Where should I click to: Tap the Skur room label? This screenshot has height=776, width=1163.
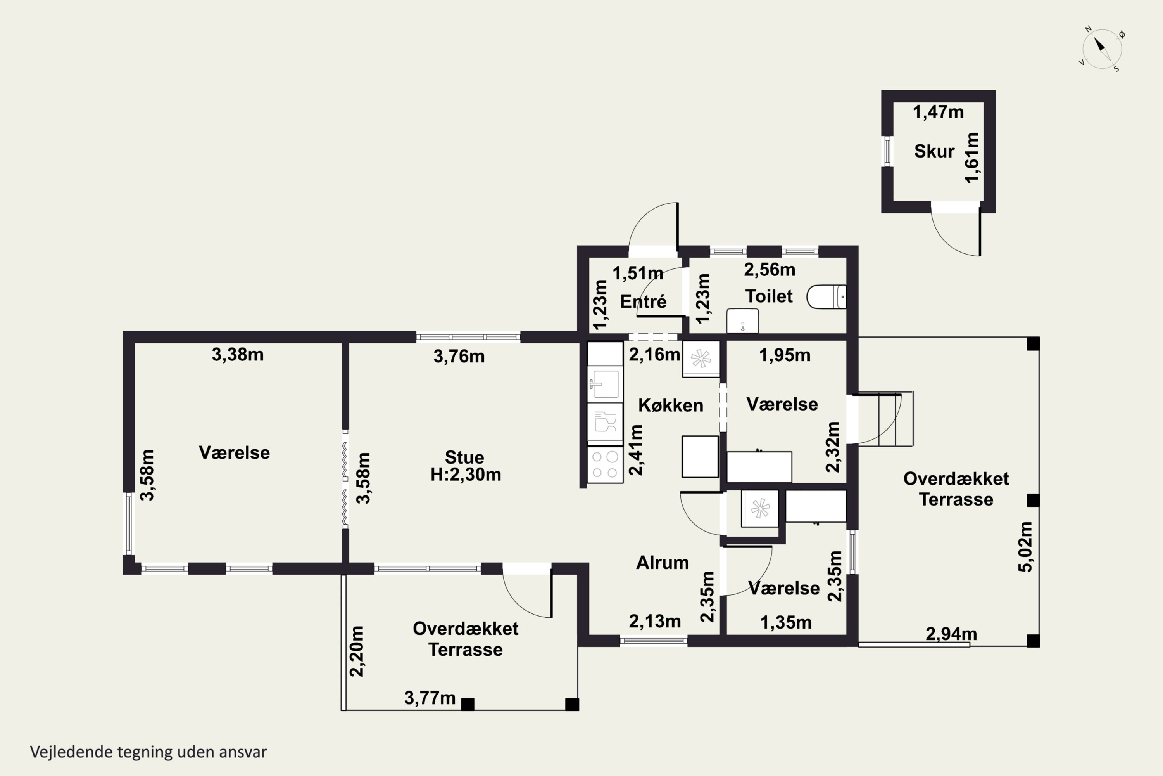(x=934, y=151)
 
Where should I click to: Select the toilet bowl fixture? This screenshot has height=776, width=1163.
(x=826, y=296)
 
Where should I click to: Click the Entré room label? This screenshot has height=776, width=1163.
(x=643, y=301)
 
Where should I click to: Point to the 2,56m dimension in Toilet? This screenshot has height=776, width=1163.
(x=770, y=270)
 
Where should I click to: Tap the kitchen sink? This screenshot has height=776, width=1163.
(x=605, y=384)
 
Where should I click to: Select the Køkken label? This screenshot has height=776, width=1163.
(x=671, y=405)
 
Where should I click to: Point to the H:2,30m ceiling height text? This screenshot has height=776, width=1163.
(x=465, y=475)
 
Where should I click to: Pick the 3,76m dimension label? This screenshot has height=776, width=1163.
(x=459, y=356)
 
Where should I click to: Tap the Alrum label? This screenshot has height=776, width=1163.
(x=662, y=563)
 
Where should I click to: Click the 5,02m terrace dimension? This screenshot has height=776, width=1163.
(x=1025, y=547)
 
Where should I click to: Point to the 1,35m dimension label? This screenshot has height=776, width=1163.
(x=786, y=623)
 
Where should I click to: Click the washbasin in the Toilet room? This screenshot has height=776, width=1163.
(x=742, y=321)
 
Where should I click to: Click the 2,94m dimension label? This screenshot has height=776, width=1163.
(x=951, y=634)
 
